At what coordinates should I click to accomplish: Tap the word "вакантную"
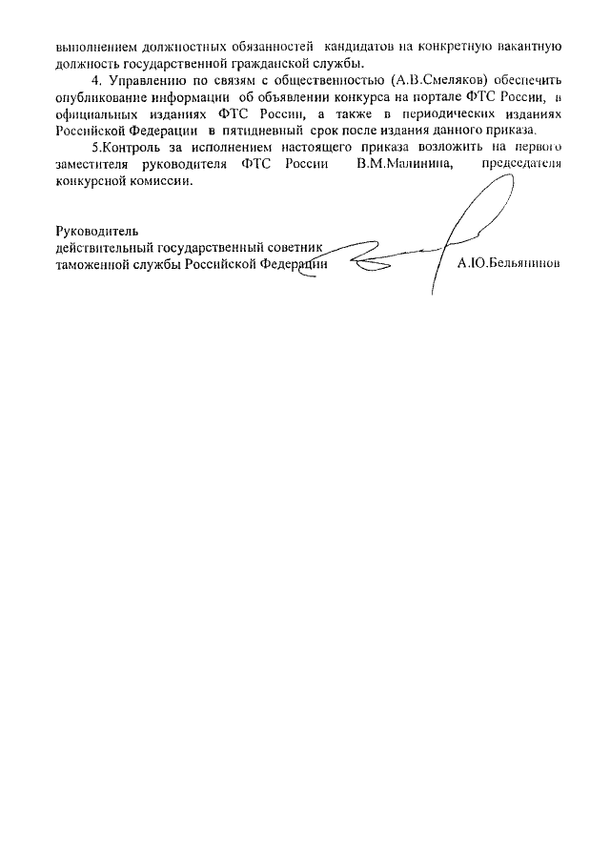528,46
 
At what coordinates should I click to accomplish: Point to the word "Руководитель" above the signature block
97,230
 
